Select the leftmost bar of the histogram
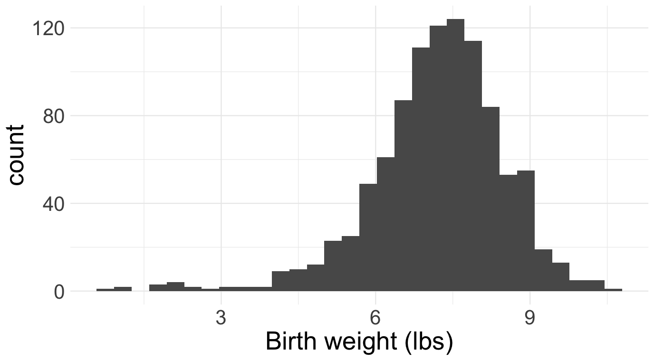pyautogui.click(x=105, y=290)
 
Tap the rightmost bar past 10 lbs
pyautogui.click(x=613, y=290)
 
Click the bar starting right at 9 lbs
pyautogui.click(x=543, y=271)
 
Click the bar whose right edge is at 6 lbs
pyautogui.click(x=368, y=237)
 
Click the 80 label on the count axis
pyautogui.click(x=53, y=116)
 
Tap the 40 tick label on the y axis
pyautogui.click(x=53, y=204)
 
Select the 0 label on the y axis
pyautogui.click(x=59, y=292)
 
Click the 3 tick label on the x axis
pyautogui.click(x=221, y=318)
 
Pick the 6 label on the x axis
pyautogui.click(x=375, y=318)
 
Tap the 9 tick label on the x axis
pyautogui.click(x=530, y=318)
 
